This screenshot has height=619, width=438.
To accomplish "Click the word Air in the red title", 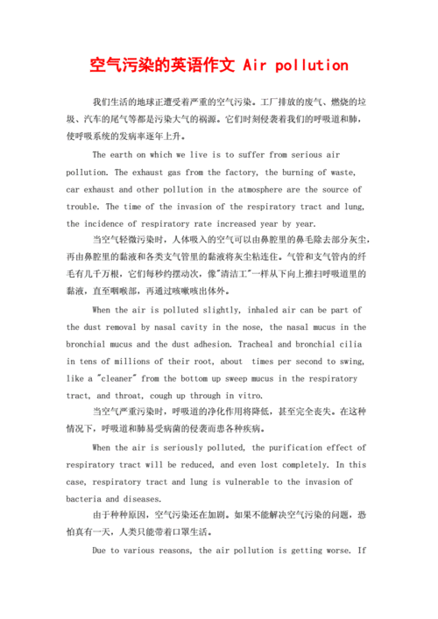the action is point(255,66).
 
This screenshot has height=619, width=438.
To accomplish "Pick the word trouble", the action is point(83,207).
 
